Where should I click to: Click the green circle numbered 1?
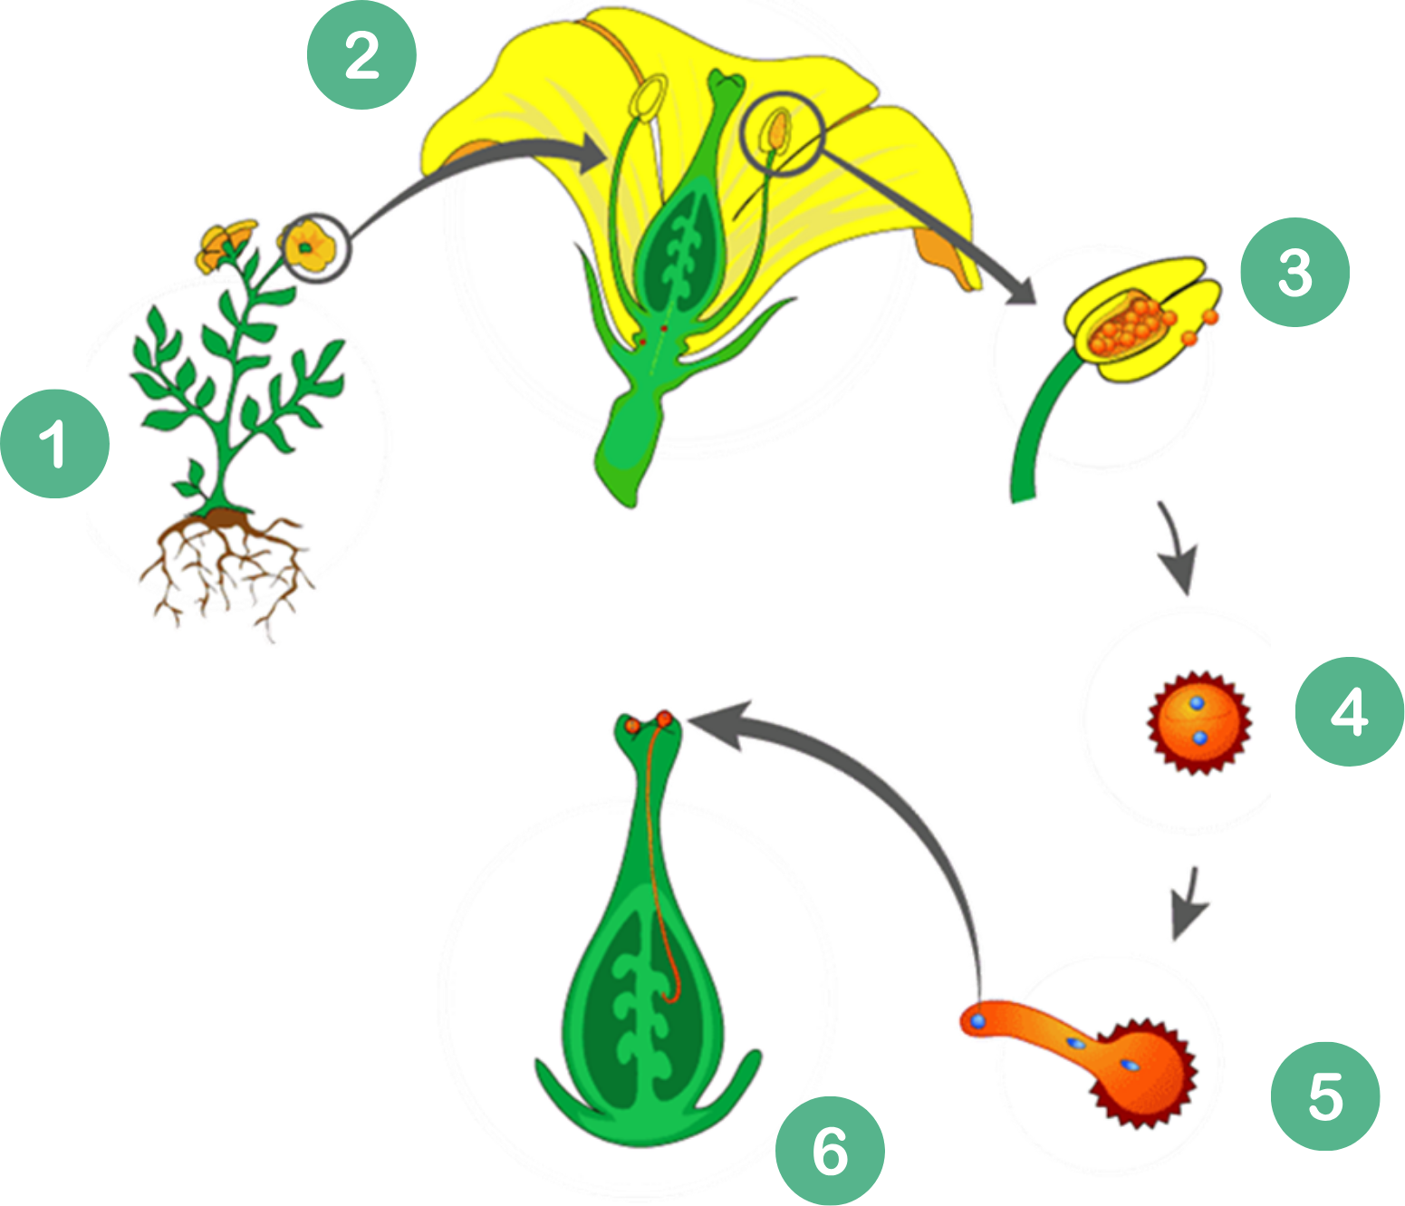tap(54, 444)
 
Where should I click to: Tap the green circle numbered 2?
tap(361, 55)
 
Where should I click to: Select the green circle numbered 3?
tap(1294, 272)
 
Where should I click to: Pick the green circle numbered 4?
tap(1349, 711)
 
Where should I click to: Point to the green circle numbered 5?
tap(1324, 1096)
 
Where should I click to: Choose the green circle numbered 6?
tap(830, 1151)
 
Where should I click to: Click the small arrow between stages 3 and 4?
tap(1177, 547)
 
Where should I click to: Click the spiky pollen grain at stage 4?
tap(1198, 722)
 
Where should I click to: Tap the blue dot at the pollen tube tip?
tap(978, 1021)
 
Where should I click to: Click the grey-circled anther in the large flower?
tap(780, 132)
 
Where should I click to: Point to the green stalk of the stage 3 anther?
tap(1037, 426)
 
